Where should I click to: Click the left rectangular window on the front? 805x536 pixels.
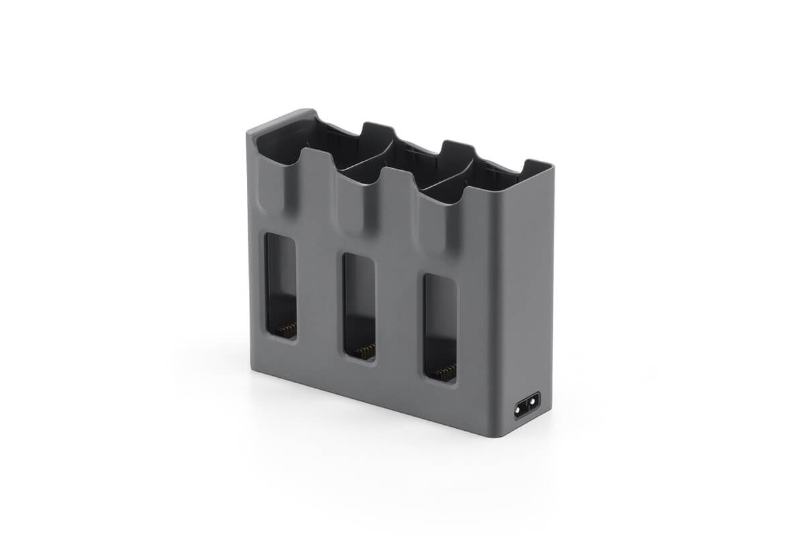click(x=280, y=285)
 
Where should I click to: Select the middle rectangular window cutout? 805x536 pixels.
click(x=359, y=305)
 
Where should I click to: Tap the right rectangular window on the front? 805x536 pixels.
click(x=440, y=327)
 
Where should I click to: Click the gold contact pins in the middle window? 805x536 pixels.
click(x=365, y=350)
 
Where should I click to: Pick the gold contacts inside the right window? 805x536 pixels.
click(x=446, y=372)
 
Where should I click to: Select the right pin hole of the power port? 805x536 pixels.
click(x=533, y=403)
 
